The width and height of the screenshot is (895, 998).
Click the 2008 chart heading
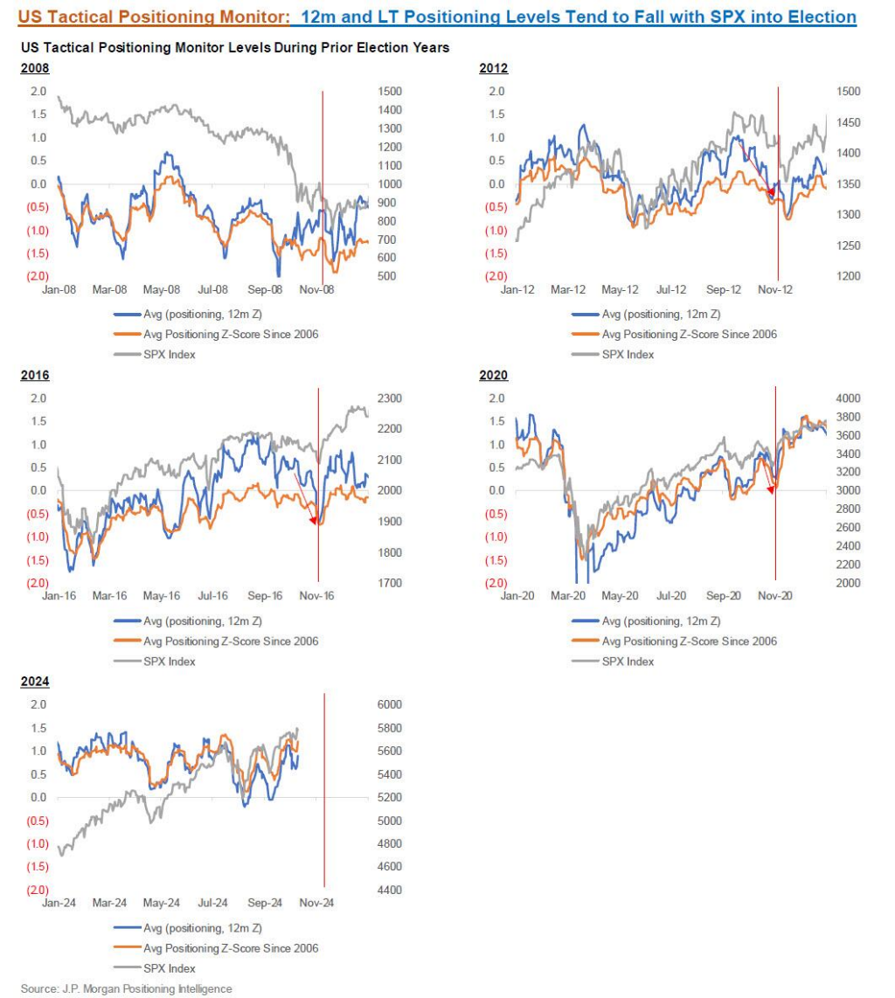coord(34,69)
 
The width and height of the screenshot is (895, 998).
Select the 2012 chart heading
coord(494,69)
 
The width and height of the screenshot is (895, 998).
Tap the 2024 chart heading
coord(34,683)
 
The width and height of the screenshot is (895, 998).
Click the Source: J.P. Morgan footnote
coord(127,988)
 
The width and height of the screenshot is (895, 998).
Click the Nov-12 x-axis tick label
coord(774,289)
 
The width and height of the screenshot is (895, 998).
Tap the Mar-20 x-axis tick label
coord(569,596)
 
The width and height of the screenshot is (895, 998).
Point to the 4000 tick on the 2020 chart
coord(848,399)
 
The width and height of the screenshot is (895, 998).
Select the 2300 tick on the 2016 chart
coord(389,399)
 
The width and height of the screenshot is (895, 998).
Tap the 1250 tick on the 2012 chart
coord(848,246)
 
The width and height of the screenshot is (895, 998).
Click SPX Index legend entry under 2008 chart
coord(170,354)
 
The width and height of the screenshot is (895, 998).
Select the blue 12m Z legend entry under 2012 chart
coord(661,314)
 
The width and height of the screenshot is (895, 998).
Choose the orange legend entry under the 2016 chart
coord(231,641)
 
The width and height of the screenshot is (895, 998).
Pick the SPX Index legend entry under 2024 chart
coord(170,967)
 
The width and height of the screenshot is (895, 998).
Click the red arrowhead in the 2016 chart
coord(314,521)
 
